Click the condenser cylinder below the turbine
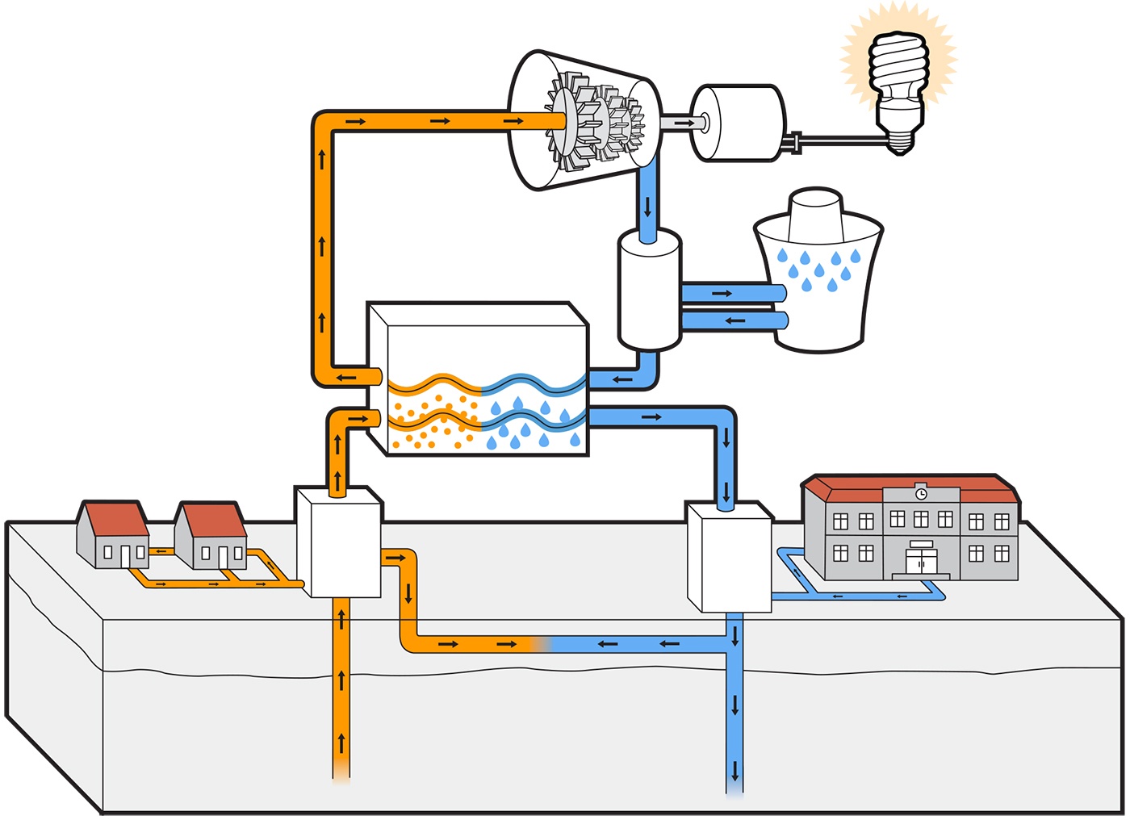point(649,291)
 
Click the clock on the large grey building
point(921,493)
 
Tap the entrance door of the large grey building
point(921,561)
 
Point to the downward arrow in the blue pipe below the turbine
point(648,206)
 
